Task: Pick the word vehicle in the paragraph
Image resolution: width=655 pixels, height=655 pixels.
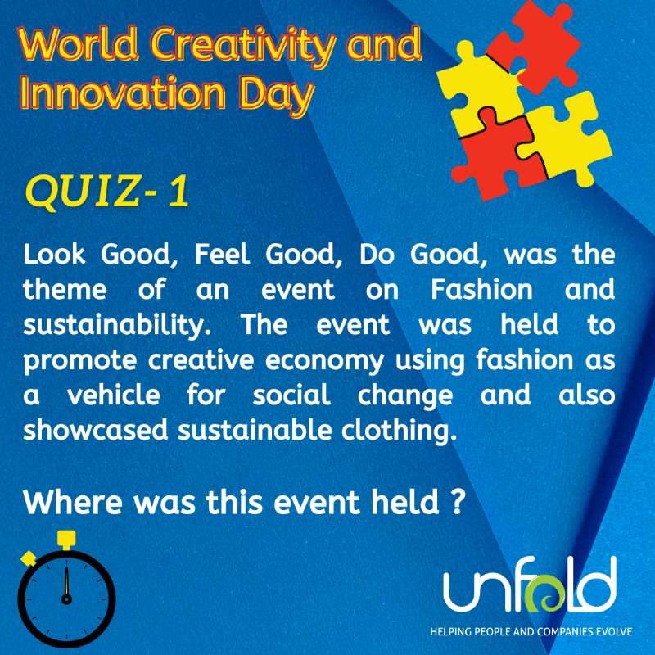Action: (x=110, y=395)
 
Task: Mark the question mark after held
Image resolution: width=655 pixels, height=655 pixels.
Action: (x=458, y=501)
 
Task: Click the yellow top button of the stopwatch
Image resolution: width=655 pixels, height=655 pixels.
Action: (x=66, y=538)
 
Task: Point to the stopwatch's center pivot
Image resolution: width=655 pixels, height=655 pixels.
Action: (x=66, y=598)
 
